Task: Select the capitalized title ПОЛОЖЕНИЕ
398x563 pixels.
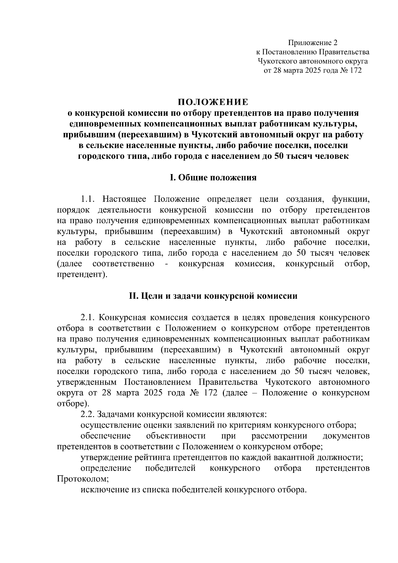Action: coord(213,101)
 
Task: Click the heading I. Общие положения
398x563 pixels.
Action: coord(213,178)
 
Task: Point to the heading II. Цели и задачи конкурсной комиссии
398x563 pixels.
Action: coord(213,296)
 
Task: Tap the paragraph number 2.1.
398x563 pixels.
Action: coord(88,317)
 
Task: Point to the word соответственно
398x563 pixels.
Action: coord(123,264)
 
